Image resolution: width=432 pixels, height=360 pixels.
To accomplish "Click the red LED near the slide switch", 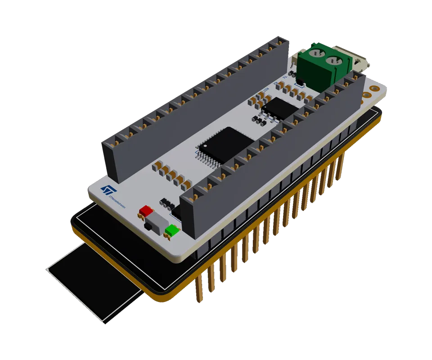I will click(146, 210).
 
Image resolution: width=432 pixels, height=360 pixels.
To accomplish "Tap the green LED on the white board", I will click(171, 231).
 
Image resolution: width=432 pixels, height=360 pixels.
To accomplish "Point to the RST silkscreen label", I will click(266, 89).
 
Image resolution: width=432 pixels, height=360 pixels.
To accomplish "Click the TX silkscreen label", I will click(285, 77).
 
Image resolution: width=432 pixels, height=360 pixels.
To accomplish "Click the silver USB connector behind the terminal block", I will click(360, 63).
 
